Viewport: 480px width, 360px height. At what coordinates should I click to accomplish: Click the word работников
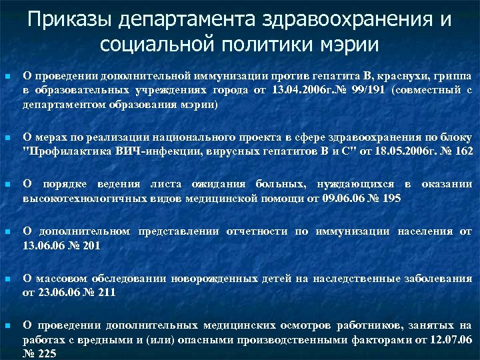click(x=369, y=325)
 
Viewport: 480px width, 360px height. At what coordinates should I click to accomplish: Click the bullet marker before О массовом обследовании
click(x=7, y=279)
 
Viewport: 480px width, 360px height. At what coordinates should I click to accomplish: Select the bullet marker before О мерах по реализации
click(x=7, y=139)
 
